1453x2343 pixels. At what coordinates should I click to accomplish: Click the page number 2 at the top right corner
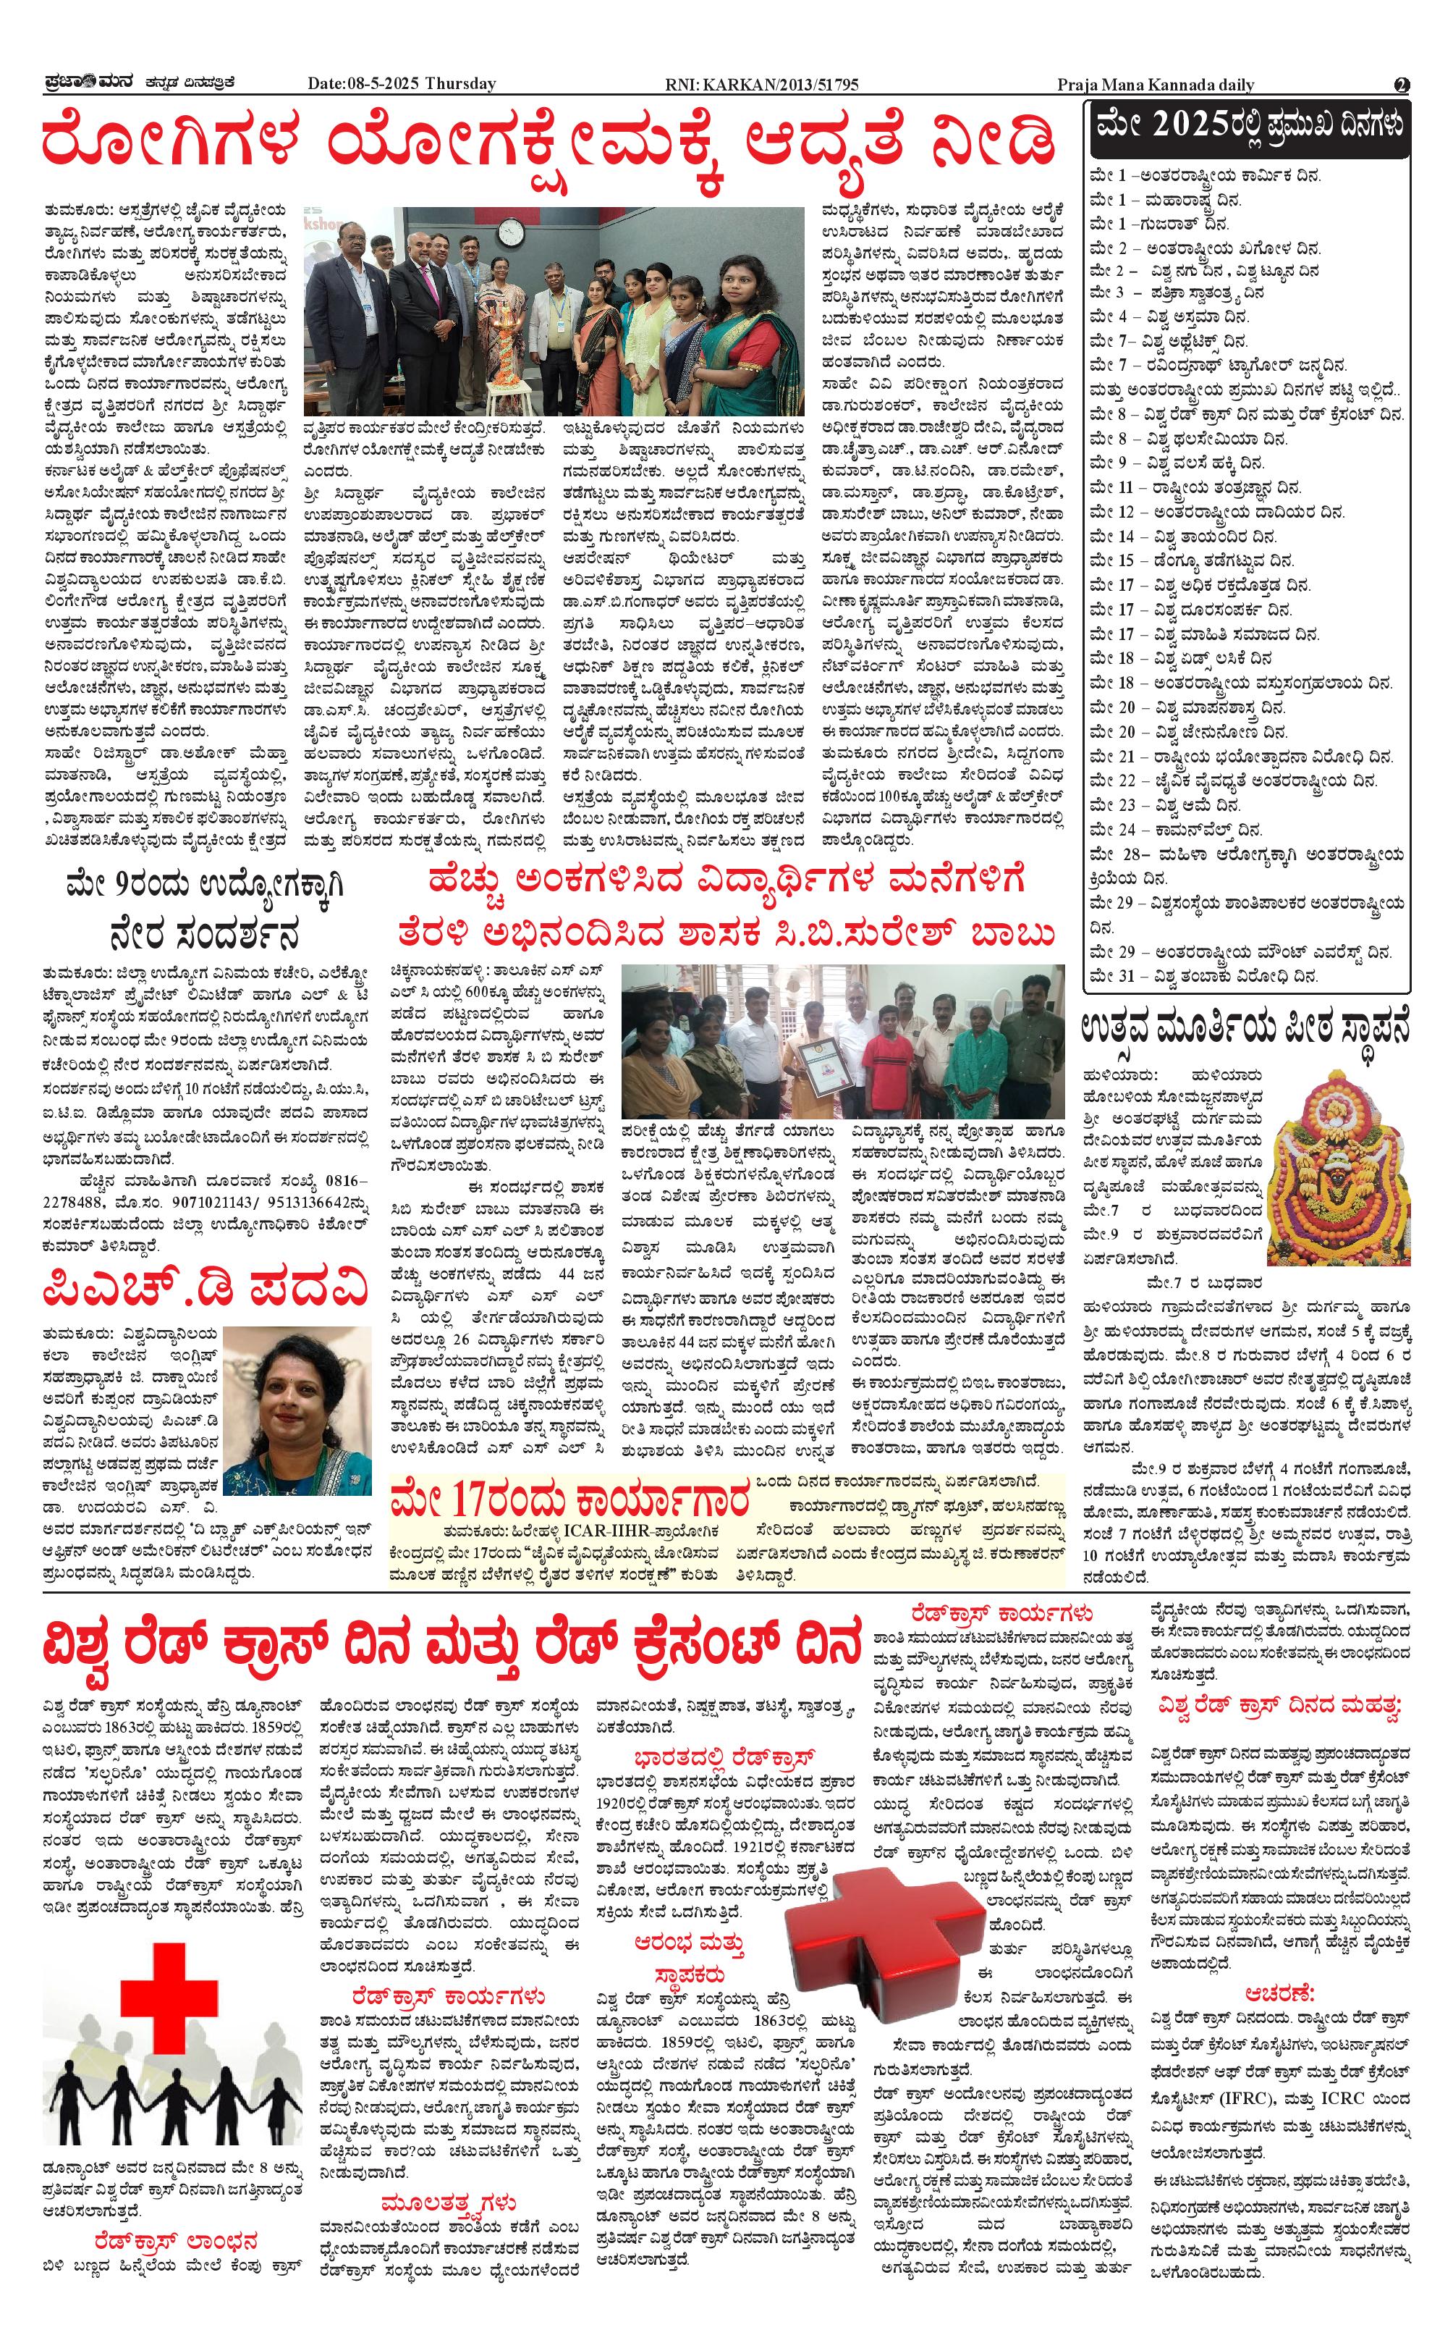(1402, 85)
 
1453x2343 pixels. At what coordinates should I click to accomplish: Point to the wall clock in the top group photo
(509, 231)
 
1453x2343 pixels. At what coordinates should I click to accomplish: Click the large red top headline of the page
(548, 141)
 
